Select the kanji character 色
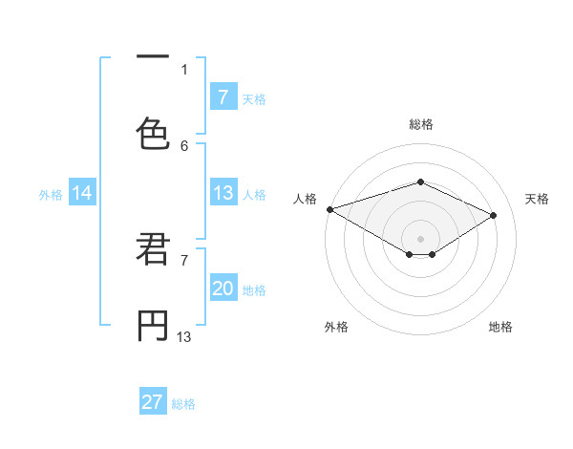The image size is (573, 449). (153, 133)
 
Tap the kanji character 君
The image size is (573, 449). (153, 250)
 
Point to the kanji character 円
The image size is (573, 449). (153, 325)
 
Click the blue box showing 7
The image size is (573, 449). (223, 96)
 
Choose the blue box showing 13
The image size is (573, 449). (223, 193)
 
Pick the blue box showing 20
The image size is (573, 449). (223, 289)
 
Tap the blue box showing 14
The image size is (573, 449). (82, 193)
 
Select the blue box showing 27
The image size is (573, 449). (153, 402)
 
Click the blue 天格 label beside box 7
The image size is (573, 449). (253, 98)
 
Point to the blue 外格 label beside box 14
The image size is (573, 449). (51, 194)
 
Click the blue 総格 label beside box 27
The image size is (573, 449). (183, 403)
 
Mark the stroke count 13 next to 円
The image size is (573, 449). (184, 336)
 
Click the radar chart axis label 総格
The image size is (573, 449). (420, 124)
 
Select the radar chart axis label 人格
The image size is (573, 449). (305, 199)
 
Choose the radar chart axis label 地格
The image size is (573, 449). (500, 327)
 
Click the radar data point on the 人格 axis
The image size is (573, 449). (329, 209)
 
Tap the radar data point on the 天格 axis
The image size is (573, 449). (494, 216)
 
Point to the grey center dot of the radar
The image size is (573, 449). (420, 238)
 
